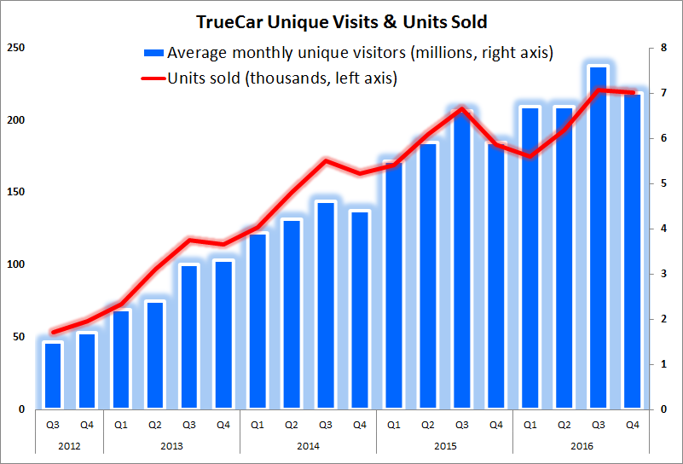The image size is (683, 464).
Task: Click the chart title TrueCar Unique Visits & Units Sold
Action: [341, 20]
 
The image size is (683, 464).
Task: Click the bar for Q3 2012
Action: [53, 375]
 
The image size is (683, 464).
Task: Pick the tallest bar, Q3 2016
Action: [598, 239]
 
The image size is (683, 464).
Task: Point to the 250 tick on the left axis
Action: [14, 48]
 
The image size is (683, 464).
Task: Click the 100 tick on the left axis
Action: [14, 265]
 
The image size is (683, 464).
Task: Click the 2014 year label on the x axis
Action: [308, 445]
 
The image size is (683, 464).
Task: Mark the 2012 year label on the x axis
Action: [70, 445]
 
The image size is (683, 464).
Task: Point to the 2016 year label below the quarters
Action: [581, 445]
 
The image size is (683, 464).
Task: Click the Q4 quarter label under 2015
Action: [495, 424]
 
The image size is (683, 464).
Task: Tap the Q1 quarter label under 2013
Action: [121, 424]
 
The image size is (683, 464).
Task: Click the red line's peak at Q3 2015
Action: [461, 108]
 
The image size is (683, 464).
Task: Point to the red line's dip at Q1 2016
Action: [530, 156]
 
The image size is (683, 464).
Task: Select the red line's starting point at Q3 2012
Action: [53, 332]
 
